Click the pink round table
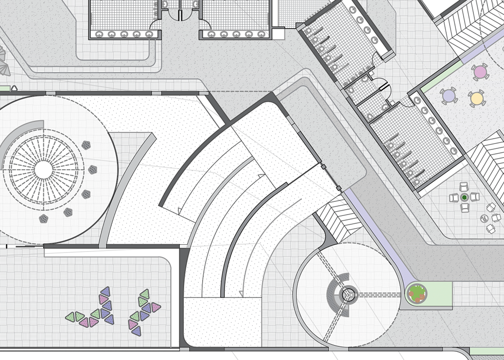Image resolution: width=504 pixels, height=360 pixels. [480, 72]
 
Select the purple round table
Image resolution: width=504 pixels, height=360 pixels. [448, 96]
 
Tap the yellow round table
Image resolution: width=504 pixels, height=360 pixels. [477, 99]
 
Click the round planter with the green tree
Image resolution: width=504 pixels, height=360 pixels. [417, 293]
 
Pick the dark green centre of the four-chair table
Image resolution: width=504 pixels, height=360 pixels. [464, 197]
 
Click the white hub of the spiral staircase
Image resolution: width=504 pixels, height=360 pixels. [43, 170]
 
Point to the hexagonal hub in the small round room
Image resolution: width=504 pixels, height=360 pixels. [348, 294]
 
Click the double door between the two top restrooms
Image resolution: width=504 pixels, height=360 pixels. [180, 15]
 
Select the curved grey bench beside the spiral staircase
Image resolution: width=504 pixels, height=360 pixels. [19, 133]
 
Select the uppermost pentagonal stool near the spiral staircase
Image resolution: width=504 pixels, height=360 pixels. [87, 145]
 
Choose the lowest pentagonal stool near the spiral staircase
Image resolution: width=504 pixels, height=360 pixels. [44, 218]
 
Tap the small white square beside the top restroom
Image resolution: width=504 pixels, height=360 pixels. [278, 33]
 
